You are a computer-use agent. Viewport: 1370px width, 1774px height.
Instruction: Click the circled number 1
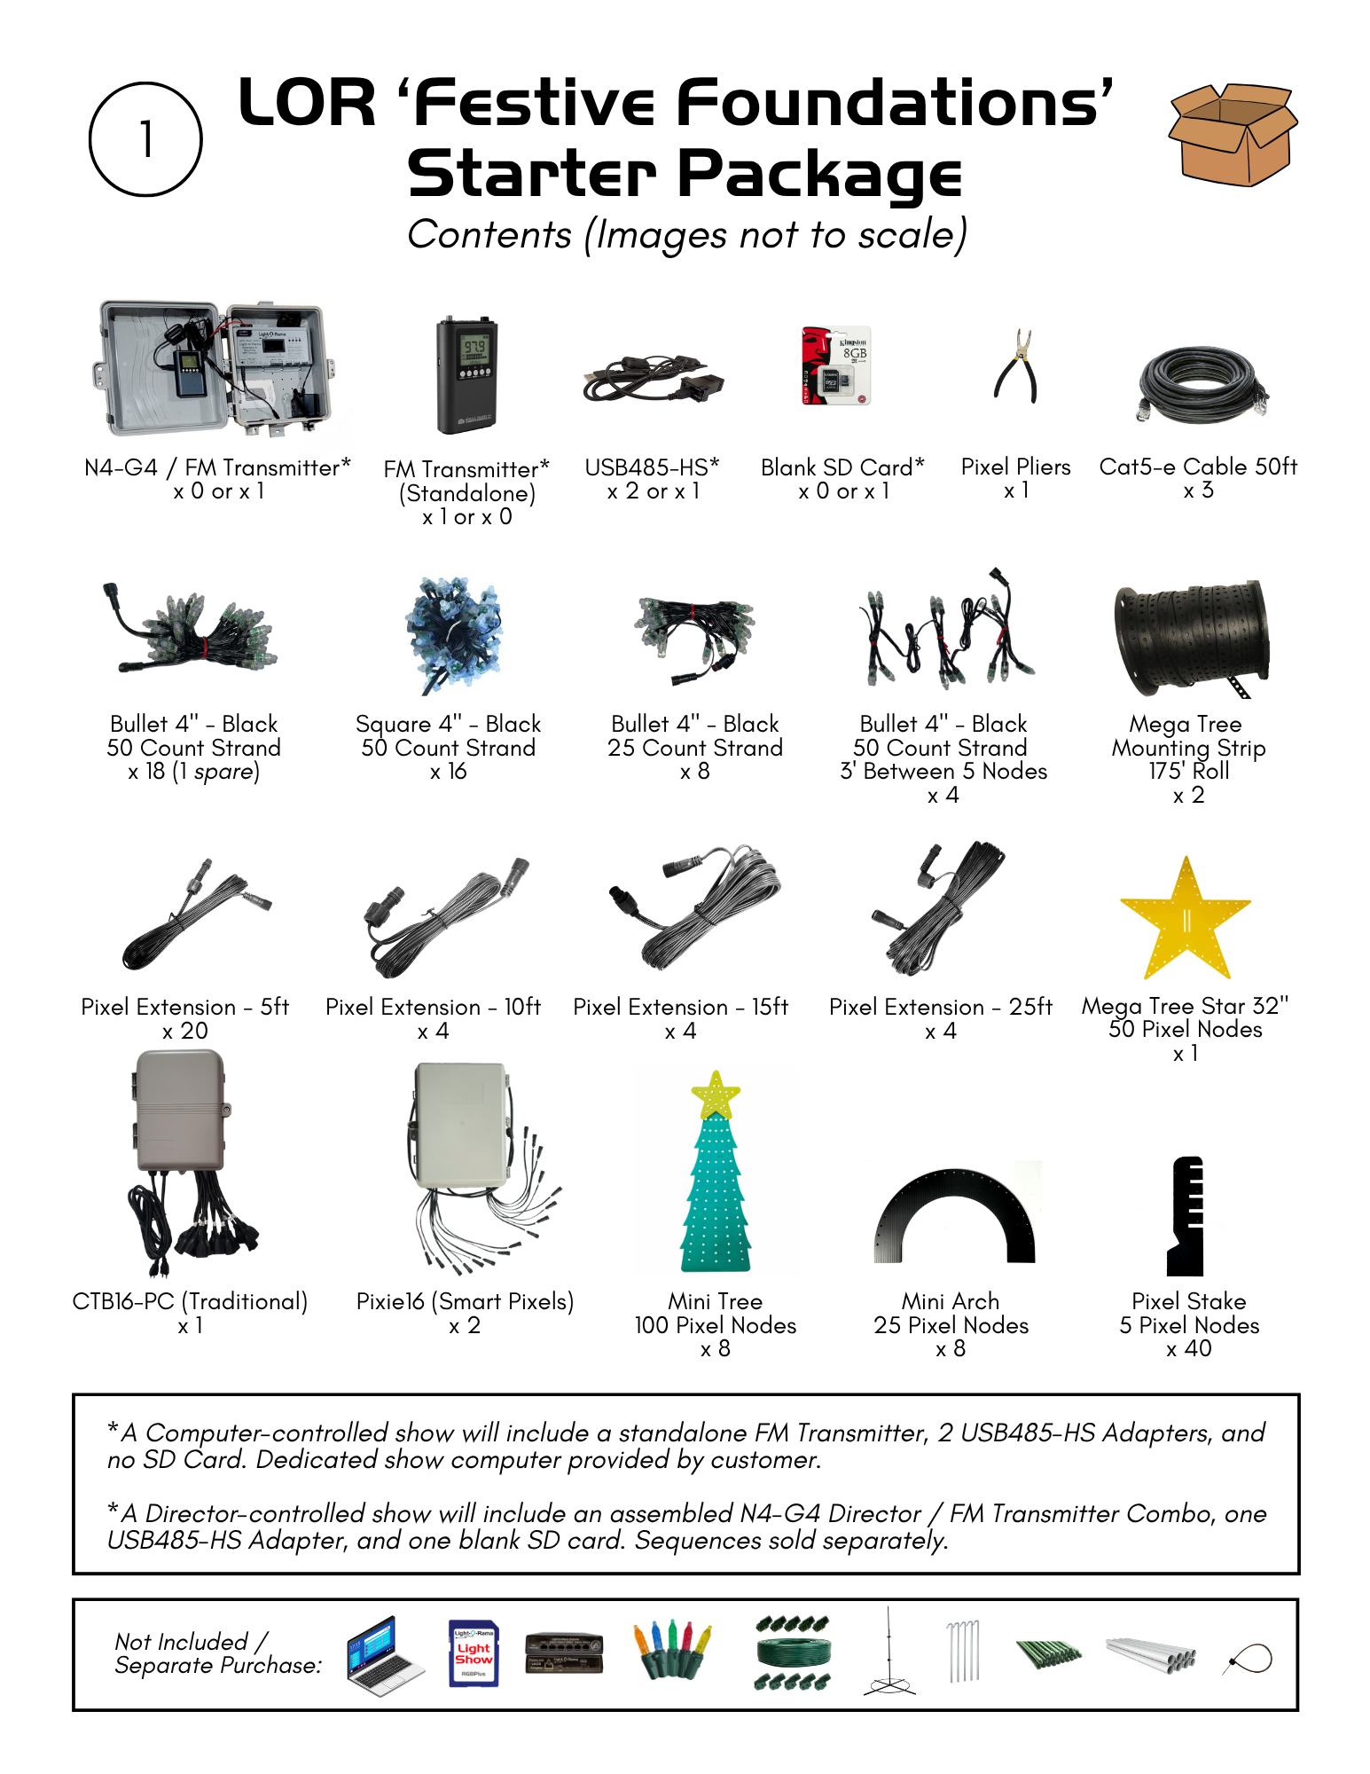pyautogui.click(x=145, y=139)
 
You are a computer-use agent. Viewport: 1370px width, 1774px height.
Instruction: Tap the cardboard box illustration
pyautogui.click(x=1233, y=135)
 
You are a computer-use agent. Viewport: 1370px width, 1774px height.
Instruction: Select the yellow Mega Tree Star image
pyautogui.click(x=1186, y=922)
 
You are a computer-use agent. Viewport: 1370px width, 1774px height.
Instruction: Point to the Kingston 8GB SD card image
pyautogui.click(x=836, y=365)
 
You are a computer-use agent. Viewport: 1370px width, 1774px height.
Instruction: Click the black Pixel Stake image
pyautogui.click(x=1186, y=1216)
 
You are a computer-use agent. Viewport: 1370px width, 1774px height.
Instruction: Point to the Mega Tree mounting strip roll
pyautogui.click(x=1191, y=639)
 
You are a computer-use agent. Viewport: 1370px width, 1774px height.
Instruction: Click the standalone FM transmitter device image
pyautogui.click(x=467, y=376)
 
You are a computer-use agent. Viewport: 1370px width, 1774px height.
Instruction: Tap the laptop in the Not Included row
pyautogui.click(x=384, y=1655)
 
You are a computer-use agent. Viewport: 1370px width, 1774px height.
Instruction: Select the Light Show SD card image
pyautogui.click(x=474, y=1653)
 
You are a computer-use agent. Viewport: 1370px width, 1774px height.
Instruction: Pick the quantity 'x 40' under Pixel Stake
pyautogui.click(x=1188, y=1349)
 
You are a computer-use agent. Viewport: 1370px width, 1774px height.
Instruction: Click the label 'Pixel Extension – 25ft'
pyautogui.click(x=940, y=1007)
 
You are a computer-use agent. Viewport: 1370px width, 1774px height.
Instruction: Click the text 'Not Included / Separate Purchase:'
pyautogui.click(x=217, y=1653)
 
